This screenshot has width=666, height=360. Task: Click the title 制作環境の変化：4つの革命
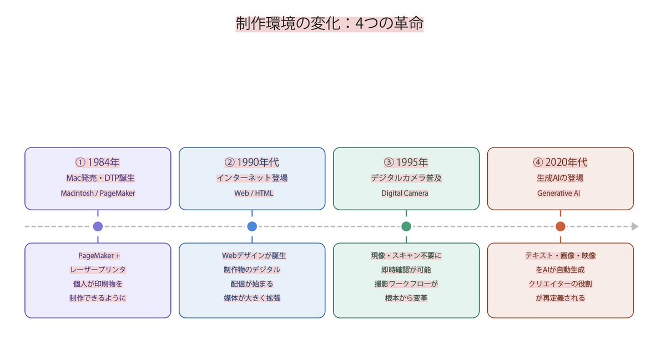329,24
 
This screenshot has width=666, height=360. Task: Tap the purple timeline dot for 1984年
98,226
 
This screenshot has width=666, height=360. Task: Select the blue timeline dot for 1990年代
252,226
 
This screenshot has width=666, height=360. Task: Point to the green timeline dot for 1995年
406,226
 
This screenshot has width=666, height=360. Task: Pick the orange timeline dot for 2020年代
561,226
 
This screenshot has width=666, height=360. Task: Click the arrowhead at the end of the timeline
635,226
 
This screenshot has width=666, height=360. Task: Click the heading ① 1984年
98,163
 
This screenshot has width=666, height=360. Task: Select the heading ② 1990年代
252,163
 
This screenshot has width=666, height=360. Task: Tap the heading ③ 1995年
406,163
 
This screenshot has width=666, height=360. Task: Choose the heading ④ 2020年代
561,163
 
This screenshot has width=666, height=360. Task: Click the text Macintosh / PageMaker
98,194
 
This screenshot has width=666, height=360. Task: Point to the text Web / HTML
252,194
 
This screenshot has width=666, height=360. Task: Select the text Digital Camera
406,194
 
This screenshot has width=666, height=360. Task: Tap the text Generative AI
561,194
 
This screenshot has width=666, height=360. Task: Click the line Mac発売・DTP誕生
98,179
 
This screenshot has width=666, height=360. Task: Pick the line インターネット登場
252,179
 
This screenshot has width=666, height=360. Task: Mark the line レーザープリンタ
98,270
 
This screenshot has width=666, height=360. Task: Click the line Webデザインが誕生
252,256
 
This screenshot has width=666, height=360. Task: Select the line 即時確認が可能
406,270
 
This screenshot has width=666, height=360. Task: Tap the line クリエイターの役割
561,283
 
